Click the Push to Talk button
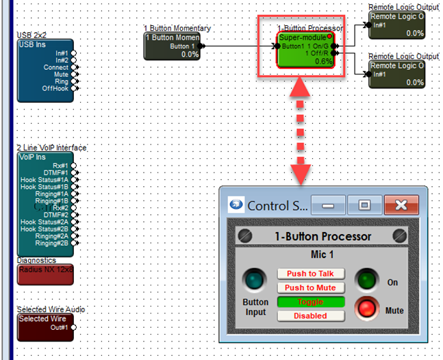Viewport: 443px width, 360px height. coord(310,274)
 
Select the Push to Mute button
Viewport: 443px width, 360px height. coord(310,288)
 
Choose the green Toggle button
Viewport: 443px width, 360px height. coord(310,302)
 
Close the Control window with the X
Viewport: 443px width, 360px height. coord(401,205)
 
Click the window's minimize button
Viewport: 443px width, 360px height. coord(328,205)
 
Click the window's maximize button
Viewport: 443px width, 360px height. coord(364,205)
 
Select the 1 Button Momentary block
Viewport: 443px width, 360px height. coord(172,46)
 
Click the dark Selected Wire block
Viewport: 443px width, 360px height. coord(44,327)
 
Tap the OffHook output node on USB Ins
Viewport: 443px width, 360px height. coord(74,88)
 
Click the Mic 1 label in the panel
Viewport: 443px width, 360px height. coord(323,255)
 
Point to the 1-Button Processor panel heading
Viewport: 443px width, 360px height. coord(323,236)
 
